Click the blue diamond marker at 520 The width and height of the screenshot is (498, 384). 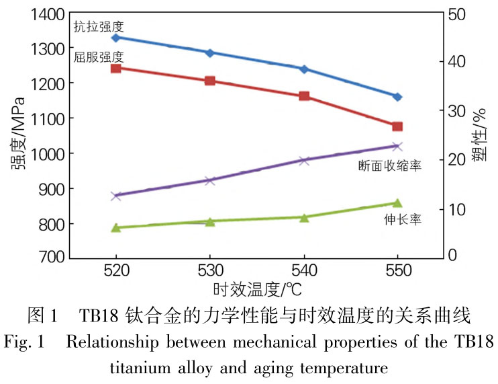tap(115, 38)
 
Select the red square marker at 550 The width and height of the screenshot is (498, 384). tap(397, 126)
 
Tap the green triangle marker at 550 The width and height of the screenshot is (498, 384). tap(397, 202)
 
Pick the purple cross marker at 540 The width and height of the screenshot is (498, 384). tap(303, 161)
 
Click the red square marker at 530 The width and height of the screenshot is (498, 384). tap(209, 81)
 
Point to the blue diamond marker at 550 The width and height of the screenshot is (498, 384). tap(397, 97)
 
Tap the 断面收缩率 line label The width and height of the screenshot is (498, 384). tap(390, 165)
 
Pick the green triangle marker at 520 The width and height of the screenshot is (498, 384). tap(115, 227)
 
